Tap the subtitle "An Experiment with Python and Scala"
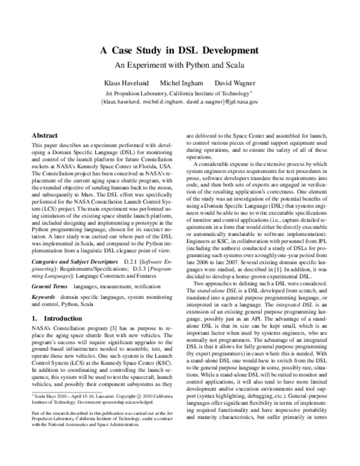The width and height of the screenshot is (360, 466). [x=179, y=64]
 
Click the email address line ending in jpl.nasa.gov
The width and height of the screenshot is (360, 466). [x=179, y=102]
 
